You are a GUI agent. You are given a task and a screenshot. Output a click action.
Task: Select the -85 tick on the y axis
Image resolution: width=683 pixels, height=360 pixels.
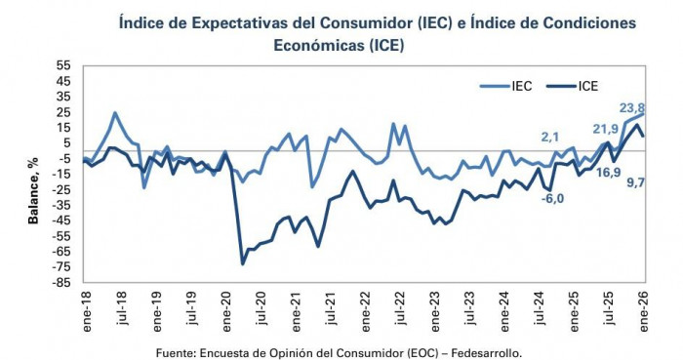coord(61,282)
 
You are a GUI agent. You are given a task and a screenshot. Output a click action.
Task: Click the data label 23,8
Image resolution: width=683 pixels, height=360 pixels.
coord(632,108)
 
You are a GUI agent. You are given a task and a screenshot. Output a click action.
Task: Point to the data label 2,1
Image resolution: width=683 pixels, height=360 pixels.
coord(548,138)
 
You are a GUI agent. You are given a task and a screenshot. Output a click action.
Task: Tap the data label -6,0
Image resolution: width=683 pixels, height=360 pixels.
coord(553,198)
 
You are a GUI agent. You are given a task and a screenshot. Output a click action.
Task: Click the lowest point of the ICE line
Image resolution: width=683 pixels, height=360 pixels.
coord(243,263)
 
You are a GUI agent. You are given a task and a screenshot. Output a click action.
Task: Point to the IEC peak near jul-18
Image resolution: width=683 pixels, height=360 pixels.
coord(115,113)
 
